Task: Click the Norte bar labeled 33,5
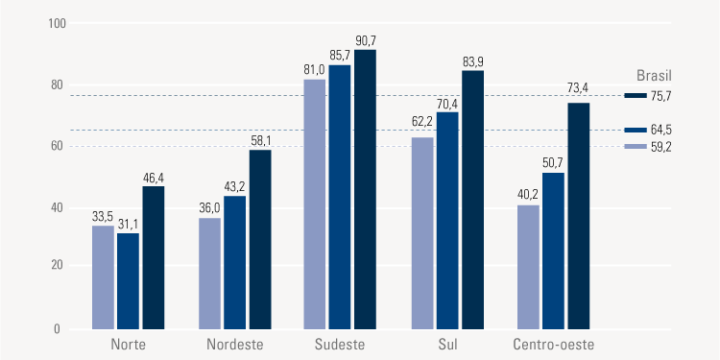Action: [x=103, y=277]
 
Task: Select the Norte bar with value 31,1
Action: [x=128, y=281]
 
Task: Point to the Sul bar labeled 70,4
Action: [x=447, y=221]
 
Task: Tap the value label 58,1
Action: [x=260, y=141]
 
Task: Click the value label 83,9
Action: [x=472, y=62]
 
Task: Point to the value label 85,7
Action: [x=340, y=56]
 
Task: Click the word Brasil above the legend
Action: [x=655, y=74]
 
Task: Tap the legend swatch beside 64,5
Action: [x=636, y=130]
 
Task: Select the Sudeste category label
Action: [x=339, y=344]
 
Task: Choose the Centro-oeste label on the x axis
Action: [x=554, y=344]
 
